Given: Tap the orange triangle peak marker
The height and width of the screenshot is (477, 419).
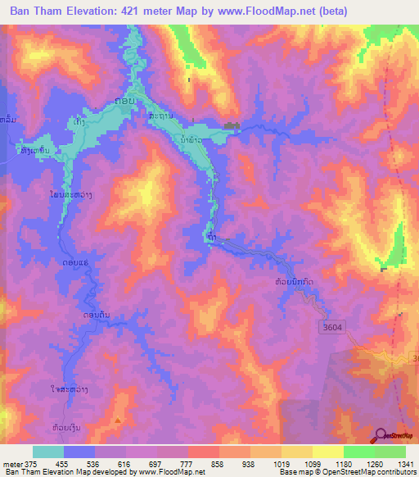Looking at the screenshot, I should (x=118, y=420).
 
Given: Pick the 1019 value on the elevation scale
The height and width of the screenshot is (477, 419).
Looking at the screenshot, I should (x=295, y=464).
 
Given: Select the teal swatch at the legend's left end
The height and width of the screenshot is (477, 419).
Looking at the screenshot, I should (x=48, y=452).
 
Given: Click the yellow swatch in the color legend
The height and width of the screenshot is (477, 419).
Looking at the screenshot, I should (x=327, y=452).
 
